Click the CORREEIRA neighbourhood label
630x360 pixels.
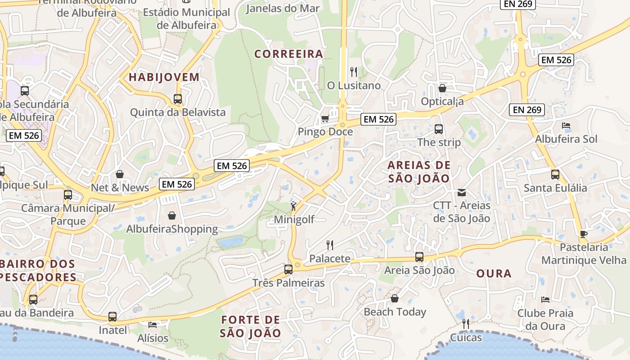289,54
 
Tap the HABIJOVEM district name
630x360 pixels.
164,77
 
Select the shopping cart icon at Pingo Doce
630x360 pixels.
325,118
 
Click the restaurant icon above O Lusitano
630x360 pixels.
354,72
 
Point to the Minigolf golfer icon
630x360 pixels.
293,206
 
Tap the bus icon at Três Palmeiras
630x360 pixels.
288,270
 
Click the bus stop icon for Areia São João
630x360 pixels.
419,257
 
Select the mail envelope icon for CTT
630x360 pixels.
462,193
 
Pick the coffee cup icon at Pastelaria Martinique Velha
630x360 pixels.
584,234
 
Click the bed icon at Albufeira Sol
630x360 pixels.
566,126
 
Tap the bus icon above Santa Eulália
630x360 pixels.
555,175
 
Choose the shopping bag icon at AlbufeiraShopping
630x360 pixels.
171,216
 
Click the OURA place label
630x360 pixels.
494,274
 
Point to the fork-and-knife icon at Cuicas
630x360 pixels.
466,324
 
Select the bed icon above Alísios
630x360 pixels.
153,324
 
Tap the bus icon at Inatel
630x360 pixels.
112,317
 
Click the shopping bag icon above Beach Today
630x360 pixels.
395,298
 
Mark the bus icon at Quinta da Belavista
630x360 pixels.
178,99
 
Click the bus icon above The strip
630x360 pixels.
439,129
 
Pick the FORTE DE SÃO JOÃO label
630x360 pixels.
251,327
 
